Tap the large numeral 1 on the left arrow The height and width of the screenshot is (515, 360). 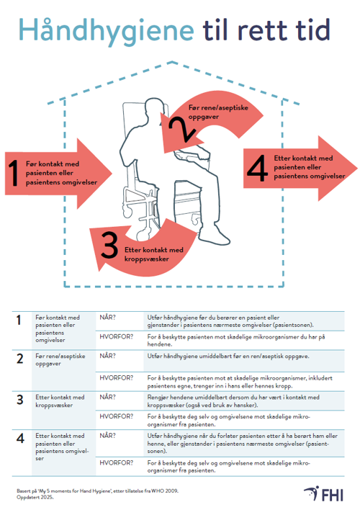(x=14, y=173)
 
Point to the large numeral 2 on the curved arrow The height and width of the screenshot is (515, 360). (x=182, y=129)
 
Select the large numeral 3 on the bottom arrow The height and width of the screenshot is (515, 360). (x=109, y=245)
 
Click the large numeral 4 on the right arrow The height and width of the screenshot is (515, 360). (x=258, y=168)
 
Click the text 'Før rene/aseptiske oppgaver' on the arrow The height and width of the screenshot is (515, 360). (x=218, y=112)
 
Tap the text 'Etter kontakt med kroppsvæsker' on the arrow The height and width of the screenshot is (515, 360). (x=153, y=254)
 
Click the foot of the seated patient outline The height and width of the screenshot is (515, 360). (x=215, y=238)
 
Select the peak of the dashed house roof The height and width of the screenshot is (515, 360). (x=171, y=61)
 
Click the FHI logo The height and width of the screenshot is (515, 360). (x=323, y=494)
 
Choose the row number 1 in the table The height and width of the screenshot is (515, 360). (x=19, y=320)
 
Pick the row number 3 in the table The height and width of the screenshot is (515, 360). (x=20, y=400)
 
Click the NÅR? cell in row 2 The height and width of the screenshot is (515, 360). (x=107, y=356)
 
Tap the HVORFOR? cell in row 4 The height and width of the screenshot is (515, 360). (x=117, y=462)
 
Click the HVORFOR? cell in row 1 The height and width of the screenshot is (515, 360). (x=117, y=336)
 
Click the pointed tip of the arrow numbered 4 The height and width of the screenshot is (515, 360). (x=357, y=168)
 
